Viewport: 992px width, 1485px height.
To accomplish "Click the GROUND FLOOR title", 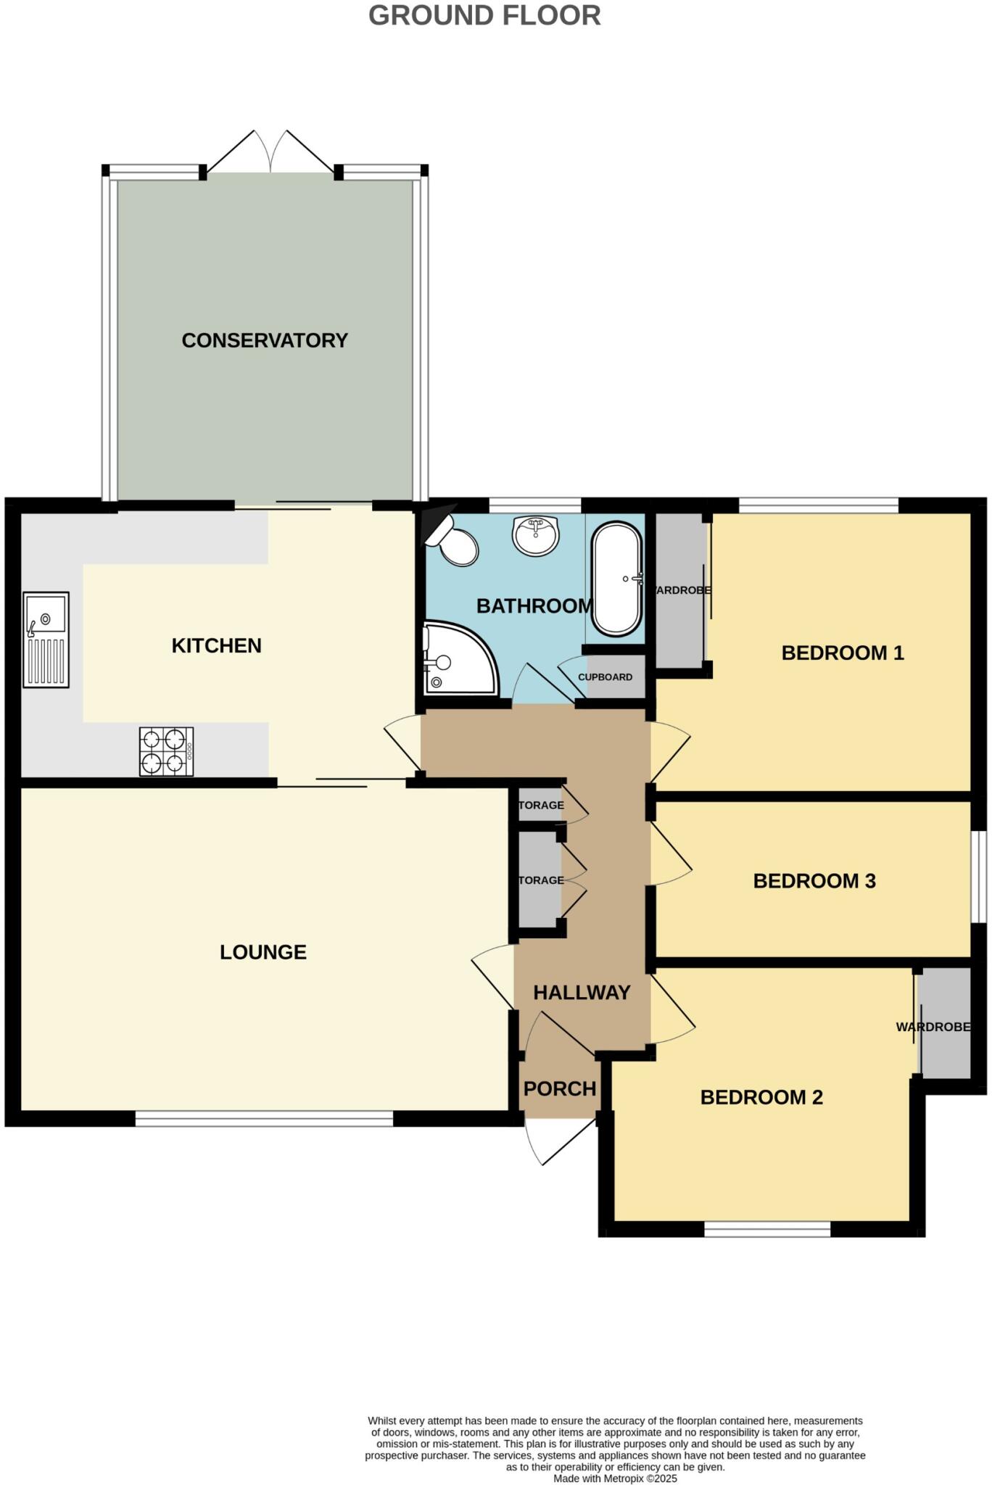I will [484, 15].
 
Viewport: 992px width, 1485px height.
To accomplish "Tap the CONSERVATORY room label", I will [265, 340].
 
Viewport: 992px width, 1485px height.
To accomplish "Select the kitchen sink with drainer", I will [46, 640].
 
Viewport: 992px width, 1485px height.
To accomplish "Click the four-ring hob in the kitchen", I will [167, 752].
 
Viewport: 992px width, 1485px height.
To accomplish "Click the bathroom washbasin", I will [536, 535].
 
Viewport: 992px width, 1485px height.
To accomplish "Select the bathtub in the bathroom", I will [617, 579].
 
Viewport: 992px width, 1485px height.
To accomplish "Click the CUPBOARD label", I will [605, 677].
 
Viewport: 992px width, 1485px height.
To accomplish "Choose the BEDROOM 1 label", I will [843, 653].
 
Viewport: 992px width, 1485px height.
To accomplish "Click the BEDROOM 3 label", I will [814, 881].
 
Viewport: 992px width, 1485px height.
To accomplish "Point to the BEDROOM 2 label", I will [761, 1097].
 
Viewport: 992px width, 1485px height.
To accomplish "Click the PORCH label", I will [560, 1088].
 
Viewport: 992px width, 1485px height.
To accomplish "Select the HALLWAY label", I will [582, 993].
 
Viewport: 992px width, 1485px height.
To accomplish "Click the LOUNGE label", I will [263, 952].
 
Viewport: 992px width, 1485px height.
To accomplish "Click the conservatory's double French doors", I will [270, 154].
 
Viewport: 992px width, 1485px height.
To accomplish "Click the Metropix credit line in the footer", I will [615, 1478].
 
